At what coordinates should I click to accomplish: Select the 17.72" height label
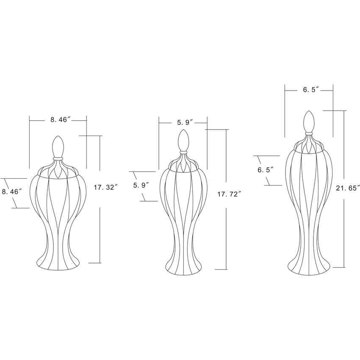point(229,194)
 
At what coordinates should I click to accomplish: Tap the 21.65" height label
point(348,188)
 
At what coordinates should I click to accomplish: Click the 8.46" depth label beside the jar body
point(12,192)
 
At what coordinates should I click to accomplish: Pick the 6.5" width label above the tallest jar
point(311,90)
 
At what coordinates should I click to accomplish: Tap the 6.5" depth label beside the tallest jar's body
point(266,170)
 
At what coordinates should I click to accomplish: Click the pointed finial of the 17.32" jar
point(58,147)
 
